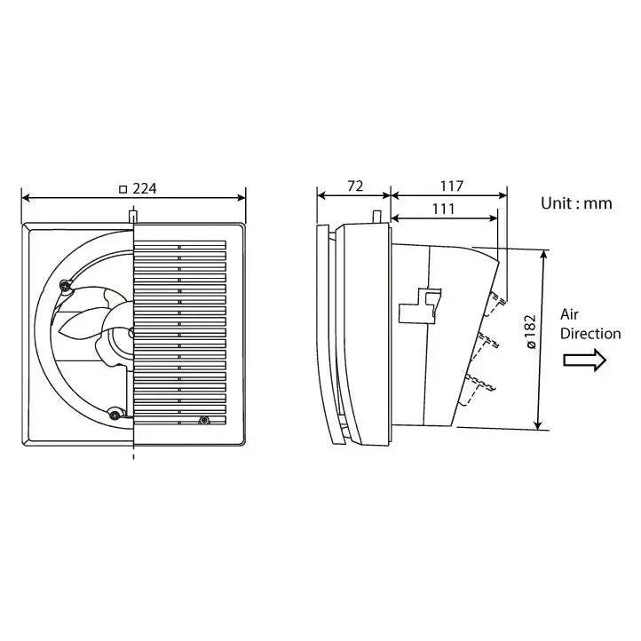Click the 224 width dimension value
pos(146,188)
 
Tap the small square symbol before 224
pos(123,188)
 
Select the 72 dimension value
pos(354,186)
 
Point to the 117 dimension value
pos(451,186)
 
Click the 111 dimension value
pos(443,209)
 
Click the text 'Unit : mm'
pos(576,203)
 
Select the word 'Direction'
pos(590,334)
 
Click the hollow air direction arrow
pos(583,360)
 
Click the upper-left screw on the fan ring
pos(64,285)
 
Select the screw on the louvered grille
pos(204,420)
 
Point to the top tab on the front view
pos(133,216)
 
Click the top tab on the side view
pos(376,216)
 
